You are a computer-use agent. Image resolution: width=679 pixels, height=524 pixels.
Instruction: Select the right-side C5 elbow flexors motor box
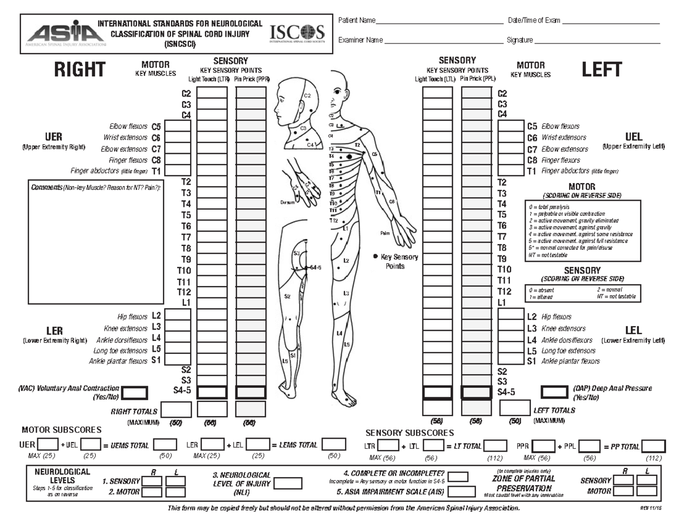coord(178,127)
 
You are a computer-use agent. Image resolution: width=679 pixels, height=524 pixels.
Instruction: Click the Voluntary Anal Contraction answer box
coord(135,392)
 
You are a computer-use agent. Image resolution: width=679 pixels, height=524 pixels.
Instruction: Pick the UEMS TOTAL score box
coord(165,445)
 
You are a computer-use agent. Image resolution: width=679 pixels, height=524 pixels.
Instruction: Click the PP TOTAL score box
coord(654,446)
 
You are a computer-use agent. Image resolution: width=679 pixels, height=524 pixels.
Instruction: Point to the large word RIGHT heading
coord(79,70)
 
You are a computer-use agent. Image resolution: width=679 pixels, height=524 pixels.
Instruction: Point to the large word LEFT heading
coord(602,70)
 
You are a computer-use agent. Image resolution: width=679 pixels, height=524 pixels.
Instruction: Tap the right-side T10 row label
coord(185,270)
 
